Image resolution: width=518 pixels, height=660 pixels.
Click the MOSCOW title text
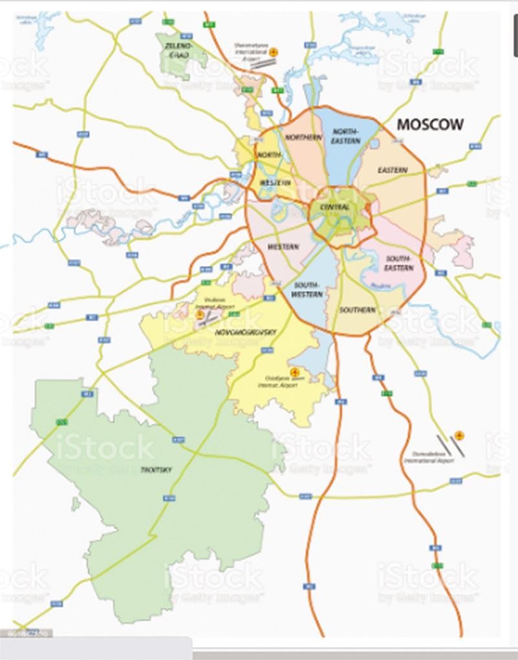coord(430,124)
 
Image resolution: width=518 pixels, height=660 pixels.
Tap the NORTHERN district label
coord(303,138)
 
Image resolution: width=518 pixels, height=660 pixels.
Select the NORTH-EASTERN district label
coord(346,136)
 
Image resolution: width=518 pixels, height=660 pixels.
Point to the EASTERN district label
coord(392,170)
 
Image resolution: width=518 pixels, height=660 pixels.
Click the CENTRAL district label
coord(335,208)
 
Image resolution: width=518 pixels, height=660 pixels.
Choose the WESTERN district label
coord(283,247)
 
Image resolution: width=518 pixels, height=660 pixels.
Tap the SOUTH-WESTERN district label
coord(307,290)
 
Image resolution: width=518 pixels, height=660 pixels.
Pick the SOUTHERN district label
coord(357,310)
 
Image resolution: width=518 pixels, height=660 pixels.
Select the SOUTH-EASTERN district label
coord(399,263)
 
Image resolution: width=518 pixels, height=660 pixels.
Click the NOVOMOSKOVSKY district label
coord(244,332)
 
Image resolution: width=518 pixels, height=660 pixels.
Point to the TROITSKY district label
coord(156,470)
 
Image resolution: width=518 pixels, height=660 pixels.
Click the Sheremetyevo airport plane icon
coord(274,51)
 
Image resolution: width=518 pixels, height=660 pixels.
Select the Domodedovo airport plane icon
coord(459,435)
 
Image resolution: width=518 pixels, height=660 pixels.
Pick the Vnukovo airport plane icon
coord(200,315)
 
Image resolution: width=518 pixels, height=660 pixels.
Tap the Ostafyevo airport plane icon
coord(295,372)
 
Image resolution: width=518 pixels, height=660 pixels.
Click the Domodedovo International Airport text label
coord(429,457)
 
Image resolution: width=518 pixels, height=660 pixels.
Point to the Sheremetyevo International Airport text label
coord(250,50)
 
